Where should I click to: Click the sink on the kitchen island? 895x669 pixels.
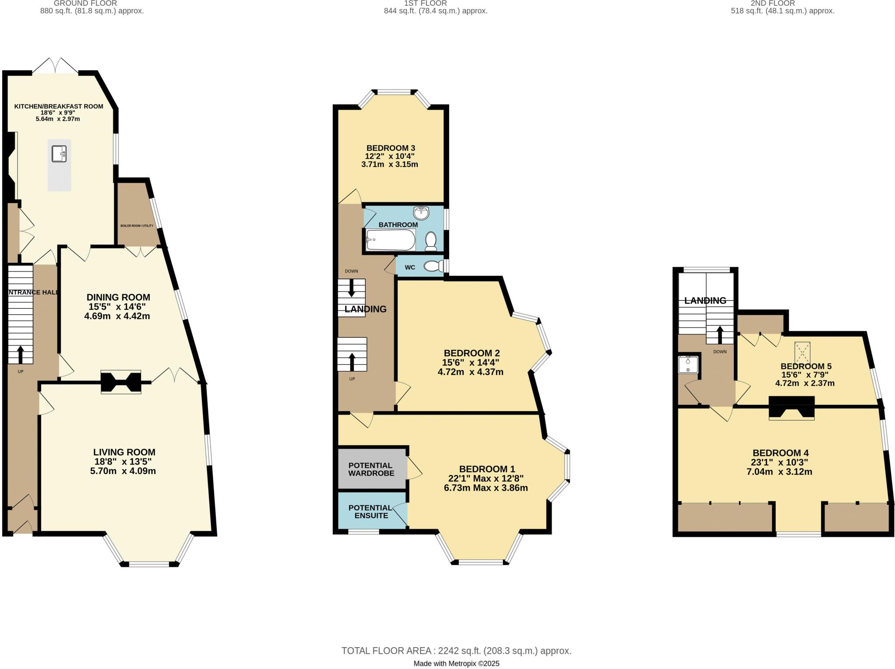(59, 154)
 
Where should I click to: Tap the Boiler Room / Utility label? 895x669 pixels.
(137, 226)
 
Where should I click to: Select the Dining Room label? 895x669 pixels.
(118, 297)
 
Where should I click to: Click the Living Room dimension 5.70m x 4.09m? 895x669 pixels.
(124, 471)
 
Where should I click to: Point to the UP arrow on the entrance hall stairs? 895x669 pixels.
(20, 354)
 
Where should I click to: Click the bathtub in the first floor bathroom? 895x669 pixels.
(390, 240)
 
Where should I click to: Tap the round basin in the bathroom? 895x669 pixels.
(421, 213)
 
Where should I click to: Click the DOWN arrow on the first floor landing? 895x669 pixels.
(351, 289)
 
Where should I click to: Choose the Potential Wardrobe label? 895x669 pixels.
(371, 469)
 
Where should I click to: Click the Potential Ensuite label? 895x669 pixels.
(371, 512)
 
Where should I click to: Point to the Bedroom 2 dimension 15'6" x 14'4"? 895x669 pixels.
(471, 362)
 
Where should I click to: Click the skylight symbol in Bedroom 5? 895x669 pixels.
(802, 352)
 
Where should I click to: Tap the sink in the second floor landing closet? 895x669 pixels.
(688, 364)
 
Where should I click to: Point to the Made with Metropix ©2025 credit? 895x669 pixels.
(456, 664)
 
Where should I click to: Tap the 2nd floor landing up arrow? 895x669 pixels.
(720, 334)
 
